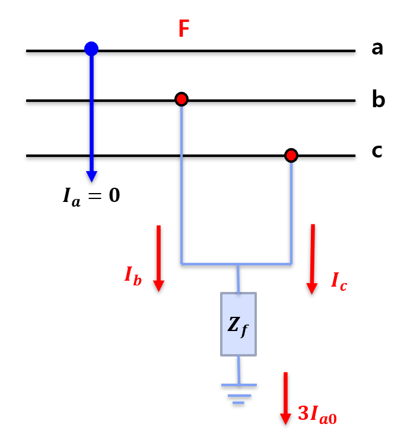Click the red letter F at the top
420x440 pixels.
pos(184,29)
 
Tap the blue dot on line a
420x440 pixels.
pos(91,49)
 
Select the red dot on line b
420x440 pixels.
pos(182,99)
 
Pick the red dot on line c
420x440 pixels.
pos(291,155)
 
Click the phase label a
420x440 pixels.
pos(377,48)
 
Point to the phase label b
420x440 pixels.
pos(378,99)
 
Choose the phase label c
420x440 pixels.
pos(377,151)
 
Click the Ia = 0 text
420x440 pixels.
pos(91,195)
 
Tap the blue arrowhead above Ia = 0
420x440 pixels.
pos(91,176)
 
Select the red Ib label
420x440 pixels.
pos(133,275)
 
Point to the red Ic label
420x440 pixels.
pos(339,281)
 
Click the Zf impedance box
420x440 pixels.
pos(238,324)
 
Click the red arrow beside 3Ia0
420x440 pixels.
pos(285,398)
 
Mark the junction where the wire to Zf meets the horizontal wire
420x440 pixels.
pos(238,264)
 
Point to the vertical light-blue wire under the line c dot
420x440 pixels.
pos(291,213)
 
